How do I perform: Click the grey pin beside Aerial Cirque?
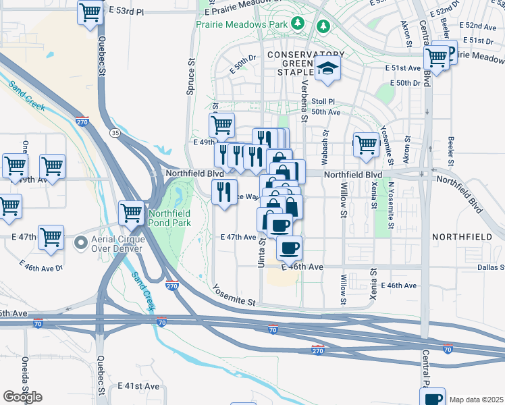pos(80,241)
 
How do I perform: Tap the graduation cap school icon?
pos(328,69)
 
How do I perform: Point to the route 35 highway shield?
pos(115,134)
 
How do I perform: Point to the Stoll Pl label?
pos(323,101)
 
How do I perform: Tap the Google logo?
pos(22,397)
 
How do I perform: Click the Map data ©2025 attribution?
pos(476,400)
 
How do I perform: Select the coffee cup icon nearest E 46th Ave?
pos(289,248)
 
